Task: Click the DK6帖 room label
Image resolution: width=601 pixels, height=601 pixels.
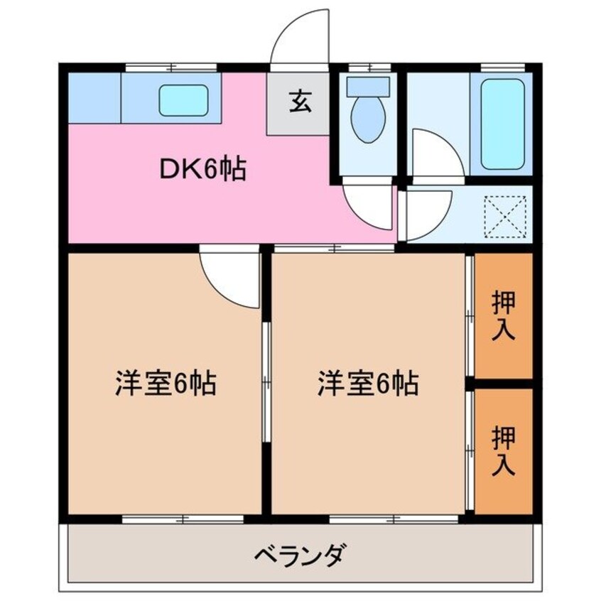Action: click(x=202, y=169)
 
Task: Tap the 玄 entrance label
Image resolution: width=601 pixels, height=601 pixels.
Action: click(x=300, y=102)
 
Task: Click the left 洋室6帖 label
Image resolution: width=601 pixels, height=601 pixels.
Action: click(x=166, y=383)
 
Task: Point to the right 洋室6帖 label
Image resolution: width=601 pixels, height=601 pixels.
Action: click(x=368, y=383)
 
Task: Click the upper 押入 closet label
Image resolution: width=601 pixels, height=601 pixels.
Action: click(x=504, y=316)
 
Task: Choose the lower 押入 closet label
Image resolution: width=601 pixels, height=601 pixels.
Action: click(x=504, y=450)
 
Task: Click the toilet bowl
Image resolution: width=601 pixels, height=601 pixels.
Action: click(x=368, y=119)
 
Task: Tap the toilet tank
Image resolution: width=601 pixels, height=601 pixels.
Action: click(x=368, y=87)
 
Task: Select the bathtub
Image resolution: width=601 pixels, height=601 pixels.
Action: click(x=502, y=124)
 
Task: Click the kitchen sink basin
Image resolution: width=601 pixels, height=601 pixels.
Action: click(x=183, y=100)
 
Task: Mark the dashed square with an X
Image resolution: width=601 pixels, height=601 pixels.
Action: click(x=506, y=217)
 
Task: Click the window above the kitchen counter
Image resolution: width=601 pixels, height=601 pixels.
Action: click(x=171, y=67)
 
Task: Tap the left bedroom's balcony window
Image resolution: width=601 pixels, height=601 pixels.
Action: click(x=183, y=519)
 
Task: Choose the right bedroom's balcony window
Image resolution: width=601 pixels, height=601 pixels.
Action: click(x=394, y=519)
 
